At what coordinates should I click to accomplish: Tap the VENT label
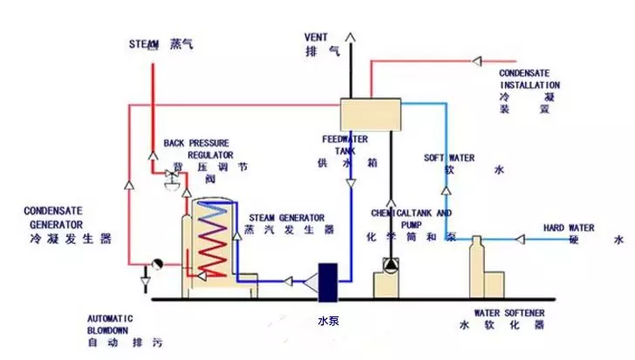pyautogui.click(x=315, y=44)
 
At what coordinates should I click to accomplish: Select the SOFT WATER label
pyautogui.click(x=450, y=164)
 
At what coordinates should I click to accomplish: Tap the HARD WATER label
pyautogui.click(x=570, y=234)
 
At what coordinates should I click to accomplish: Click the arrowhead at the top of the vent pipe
pyautogui.click(x=352, y=37)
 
